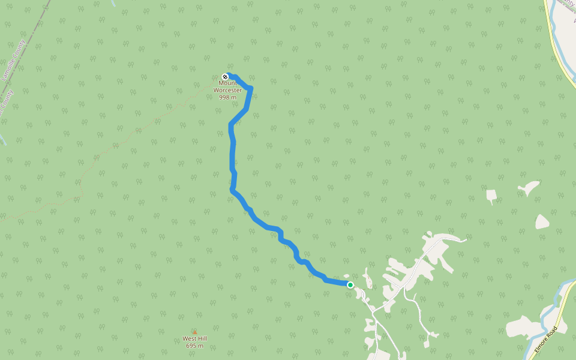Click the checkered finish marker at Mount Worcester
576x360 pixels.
225,77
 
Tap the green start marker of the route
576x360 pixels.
350,285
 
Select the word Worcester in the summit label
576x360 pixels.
227,90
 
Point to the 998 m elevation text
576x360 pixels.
227,97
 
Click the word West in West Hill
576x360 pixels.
190,338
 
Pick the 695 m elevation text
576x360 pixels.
194,346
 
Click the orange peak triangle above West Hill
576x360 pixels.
194,332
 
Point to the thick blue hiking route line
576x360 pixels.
232,156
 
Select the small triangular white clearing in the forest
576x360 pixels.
491,196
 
